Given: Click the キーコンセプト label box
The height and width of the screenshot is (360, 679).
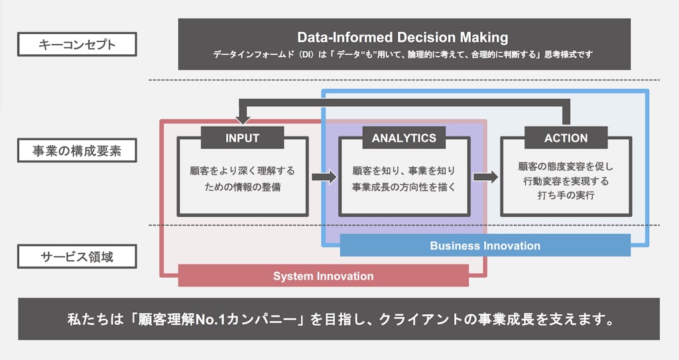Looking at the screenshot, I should [78, 45].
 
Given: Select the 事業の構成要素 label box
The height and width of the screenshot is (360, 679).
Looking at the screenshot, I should [78, 150].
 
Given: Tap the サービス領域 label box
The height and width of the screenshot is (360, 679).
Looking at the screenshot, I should [78, 257].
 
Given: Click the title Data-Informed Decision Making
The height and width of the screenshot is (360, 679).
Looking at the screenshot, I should [402, 37].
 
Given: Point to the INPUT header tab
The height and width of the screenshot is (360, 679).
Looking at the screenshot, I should [242, 138].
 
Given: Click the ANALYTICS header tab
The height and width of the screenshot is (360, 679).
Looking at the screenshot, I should [404, 138].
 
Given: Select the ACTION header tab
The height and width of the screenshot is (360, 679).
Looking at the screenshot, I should [566, 138].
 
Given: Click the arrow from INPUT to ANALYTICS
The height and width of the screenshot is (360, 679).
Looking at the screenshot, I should [324, 177].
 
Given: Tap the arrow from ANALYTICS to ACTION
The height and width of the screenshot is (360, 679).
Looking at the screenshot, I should [485, 177].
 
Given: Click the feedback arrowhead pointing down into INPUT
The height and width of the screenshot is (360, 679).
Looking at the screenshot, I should [243, 118].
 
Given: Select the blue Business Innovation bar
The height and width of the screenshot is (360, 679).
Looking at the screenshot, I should [485, 245].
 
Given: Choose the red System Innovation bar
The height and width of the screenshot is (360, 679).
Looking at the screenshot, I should [323, 276].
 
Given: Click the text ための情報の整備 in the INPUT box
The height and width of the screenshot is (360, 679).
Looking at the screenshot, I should [243, 187].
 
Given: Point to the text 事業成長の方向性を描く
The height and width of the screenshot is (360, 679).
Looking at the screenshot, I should [404, 187].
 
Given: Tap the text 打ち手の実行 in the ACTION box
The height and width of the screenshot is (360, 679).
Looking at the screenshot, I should [566, 196].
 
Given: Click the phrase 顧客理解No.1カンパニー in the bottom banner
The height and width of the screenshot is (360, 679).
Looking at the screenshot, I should [214, 320].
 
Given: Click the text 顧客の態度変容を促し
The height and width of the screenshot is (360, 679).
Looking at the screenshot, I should [566, 166].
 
